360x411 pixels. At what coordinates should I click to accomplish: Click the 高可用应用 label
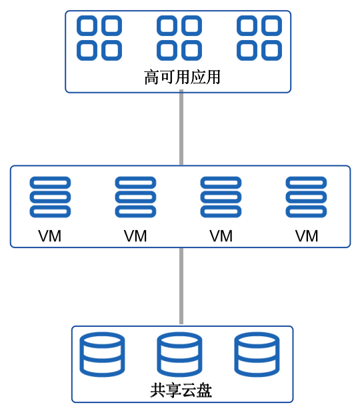pyautogui.click(x=182, y=77)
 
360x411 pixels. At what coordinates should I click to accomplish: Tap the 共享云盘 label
pyautogui.click(x=181, y=390)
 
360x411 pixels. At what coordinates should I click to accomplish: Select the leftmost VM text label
pyautogui.click(x=50, y=236)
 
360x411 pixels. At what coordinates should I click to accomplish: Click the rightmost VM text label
pyautogui.click(x=307, y=236)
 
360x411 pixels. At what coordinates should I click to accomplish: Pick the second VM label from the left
pyautogui.click(x=135, y=236)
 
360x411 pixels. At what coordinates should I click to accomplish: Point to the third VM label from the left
pyautogui.click(x=221, y=236)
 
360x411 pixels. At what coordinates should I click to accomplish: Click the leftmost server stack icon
pyautogui.click(x=50, y=197)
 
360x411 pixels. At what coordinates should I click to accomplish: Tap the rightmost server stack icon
pyautogui.click(x=306, y=197)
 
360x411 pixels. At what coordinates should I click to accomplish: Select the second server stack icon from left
pyautogui.click(x=135, y=197)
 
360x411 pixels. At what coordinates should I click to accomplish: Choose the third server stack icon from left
pyautogui.click(x=221, y=197)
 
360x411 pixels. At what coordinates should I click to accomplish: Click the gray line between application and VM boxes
pyautogui.click(x=181, y=127)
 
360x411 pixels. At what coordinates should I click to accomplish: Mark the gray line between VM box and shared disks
pyautogui.click(x=181, y=286)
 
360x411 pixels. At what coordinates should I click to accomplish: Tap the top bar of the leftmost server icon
pyautogui.click(x=50, y=183)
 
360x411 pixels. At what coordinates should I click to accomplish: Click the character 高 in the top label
pyautogui.click(x=151, y=77)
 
